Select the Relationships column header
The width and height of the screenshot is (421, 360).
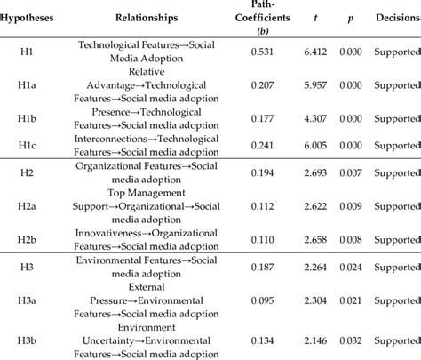click(x=147, y=17)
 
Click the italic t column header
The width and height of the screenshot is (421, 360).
click(x=314, y=17)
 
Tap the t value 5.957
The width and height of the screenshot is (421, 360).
click(x=314, y=85)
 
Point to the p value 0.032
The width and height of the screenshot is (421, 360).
click(x=352, y=339)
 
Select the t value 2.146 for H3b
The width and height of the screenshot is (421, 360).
click(x=314, y=339)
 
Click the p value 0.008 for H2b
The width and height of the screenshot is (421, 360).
click(x=352, y=240)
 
